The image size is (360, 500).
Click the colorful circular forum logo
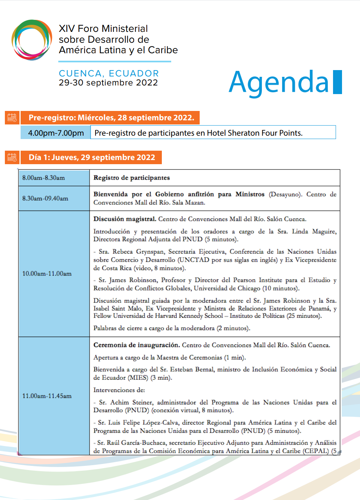[32, 40]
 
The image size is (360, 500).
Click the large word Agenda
[279, 82]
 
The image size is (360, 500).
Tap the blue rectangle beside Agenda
[337, 82]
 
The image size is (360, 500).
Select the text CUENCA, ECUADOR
[109, 73]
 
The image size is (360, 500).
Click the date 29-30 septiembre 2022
[108, 83]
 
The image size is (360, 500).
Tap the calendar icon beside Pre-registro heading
[12, 118]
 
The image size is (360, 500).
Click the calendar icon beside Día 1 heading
[12, 157]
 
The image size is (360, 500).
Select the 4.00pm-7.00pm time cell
[56, 133]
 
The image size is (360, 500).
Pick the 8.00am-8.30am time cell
[43, 178]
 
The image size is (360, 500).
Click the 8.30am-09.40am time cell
[45, 198]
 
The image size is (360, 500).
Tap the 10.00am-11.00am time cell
[47, 274]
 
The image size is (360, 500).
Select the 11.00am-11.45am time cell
[47, 396]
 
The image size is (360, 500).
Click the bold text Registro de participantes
[131, 178]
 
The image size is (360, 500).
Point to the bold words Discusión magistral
[125, 219]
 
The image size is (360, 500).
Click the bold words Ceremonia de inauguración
[136, 345]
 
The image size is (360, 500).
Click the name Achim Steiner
[126, 402]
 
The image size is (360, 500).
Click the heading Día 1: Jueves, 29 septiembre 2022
[92, 157]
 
